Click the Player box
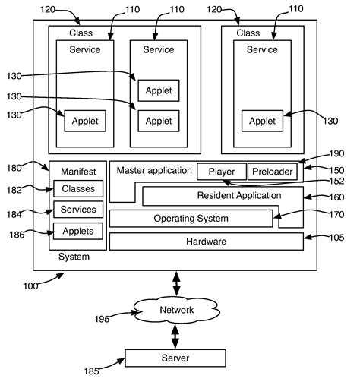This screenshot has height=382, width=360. tap(222, 172)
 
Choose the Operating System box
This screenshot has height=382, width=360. tap(191, 219)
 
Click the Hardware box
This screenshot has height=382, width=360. tap(206, 242)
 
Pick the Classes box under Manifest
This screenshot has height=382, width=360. tap(77, 189)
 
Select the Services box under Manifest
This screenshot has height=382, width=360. tap(77, 210)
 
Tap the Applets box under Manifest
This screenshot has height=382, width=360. tap(77, 231)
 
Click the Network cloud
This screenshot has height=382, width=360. tap(176, 311)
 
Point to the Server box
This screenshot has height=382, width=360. tap(175, 357)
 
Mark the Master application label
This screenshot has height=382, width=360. tap(153, 170)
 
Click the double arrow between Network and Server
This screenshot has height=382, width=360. tap(176, 335)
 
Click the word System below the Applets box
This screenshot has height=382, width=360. tap(74, 257)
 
